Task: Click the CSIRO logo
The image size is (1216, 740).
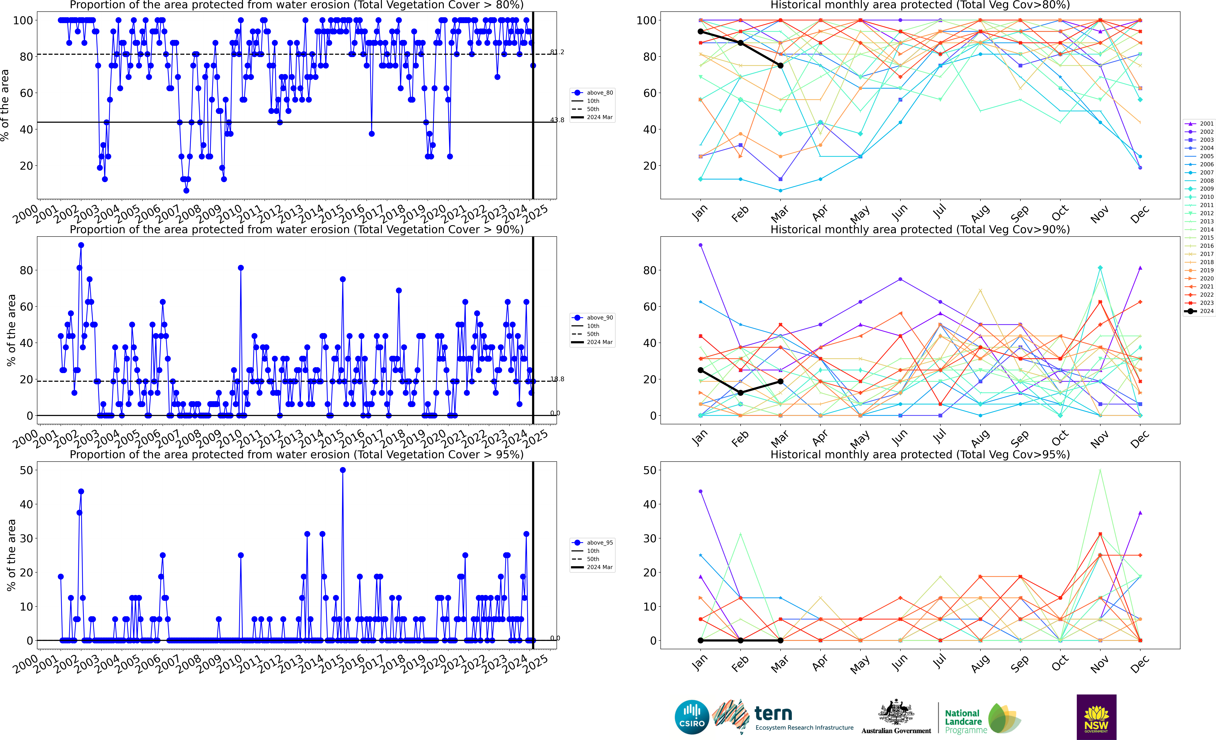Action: click(x=692, y=717)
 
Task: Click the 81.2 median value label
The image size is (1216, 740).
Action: click(x=557, y=52)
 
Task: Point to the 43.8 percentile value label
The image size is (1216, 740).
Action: click(x=557, y=120)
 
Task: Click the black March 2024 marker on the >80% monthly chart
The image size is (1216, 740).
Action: click(x=780, y=66)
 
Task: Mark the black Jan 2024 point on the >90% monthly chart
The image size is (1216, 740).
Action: click(x=700, y=370)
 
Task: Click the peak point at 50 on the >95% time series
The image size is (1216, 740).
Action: click(x=342, y=470)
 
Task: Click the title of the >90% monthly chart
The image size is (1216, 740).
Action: click(x=920, y=229)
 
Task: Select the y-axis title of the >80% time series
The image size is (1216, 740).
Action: click(x=5, y=105)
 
